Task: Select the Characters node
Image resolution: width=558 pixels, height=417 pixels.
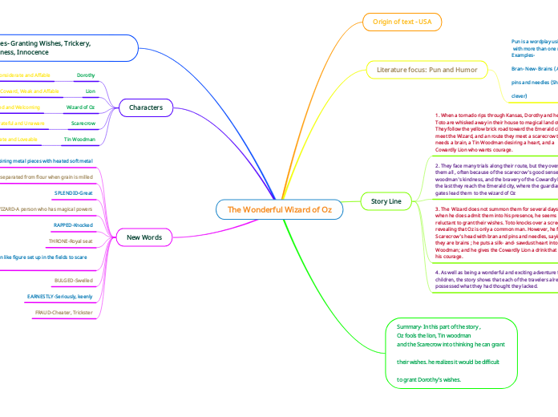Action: [146, 107]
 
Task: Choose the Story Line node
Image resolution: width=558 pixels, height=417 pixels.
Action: [381, 200]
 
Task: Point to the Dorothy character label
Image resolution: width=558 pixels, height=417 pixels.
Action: [86, 75]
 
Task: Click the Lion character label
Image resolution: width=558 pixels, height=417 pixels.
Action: [91, 91]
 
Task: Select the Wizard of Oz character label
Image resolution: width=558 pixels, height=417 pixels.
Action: [81, 107]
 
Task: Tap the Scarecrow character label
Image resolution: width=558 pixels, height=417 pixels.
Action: [83, 123]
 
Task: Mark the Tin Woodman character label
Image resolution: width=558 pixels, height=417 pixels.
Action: [80, 140]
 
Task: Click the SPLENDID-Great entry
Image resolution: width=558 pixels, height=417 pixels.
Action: [74, 193]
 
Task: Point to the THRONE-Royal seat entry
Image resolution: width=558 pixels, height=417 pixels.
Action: [72, 241]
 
